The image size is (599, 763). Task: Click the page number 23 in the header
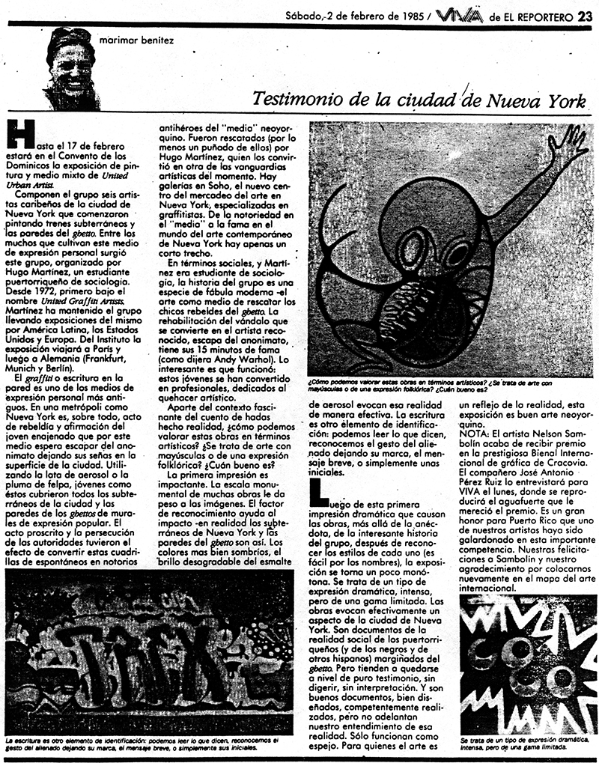coord(585,14)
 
